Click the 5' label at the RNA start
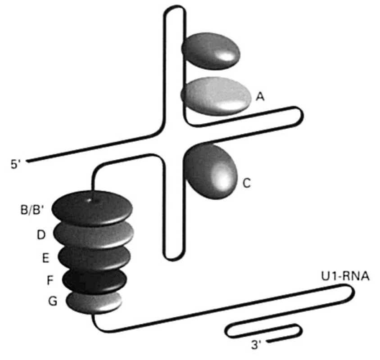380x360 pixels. (x=15, y=164)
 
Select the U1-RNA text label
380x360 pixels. (x=345, y=276)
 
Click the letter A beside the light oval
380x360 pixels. (x=260, y=97)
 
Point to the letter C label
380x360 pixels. (x=246, y=183)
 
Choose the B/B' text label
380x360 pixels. (x=32, y=210)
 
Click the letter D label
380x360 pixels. (x=41, y=234)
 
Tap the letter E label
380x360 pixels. (x=45, y=258)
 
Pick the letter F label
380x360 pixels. (x=50, y=280)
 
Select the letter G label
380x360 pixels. (x=53, y=301)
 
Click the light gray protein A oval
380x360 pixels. (x=216, y=96)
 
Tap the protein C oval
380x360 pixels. (x=210, y=171)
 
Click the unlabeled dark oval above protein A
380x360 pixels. (x=211, y=51)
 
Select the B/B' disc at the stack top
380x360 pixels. (x=92, y=208)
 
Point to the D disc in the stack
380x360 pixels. (x=94, y=235)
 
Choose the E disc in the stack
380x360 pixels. (x=94, y=259)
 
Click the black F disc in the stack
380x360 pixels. (x=95, y=282)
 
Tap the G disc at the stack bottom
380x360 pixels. (x=94, y=303)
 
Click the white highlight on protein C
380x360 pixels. (x=222, y=177)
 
